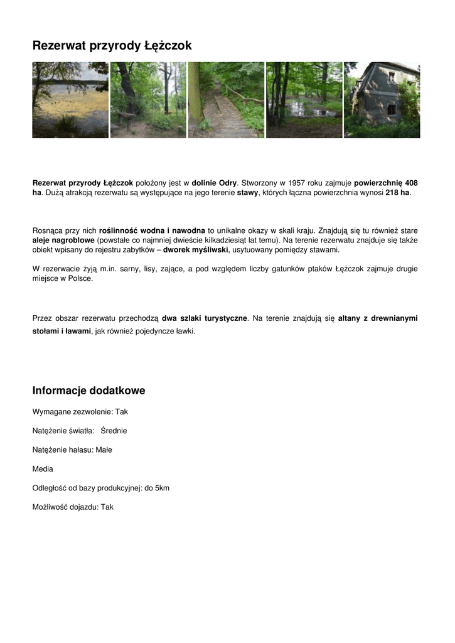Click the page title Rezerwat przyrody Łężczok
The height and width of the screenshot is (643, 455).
tap(112, 46)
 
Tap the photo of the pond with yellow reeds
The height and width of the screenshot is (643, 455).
tap(70, 100)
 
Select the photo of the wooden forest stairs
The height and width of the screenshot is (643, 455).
tap(226, 100)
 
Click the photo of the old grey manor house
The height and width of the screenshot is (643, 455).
tap(382, 100)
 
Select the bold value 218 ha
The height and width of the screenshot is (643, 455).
tap(397, 192)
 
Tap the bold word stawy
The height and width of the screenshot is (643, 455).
tap(247, 192)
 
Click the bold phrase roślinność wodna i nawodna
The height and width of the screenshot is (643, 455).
tap(153, 230)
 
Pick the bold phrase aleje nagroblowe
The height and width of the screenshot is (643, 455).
tap(63, 240)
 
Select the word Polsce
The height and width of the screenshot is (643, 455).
tap(79, 278)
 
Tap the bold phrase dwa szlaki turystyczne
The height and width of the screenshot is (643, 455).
tap(205, 318)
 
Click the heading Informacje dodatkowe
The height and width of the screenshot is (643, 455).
tap(88, 391)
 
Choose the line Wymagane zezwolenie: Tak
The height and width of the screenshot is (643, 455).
tap(80, 412)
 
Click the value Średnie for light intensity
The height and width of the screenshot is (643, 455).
tap(114, 431)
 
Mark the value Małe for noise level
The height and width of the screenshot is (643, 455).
tap(104, 450)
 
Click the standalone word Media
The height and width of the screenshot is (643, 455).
tap(43, 469)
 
